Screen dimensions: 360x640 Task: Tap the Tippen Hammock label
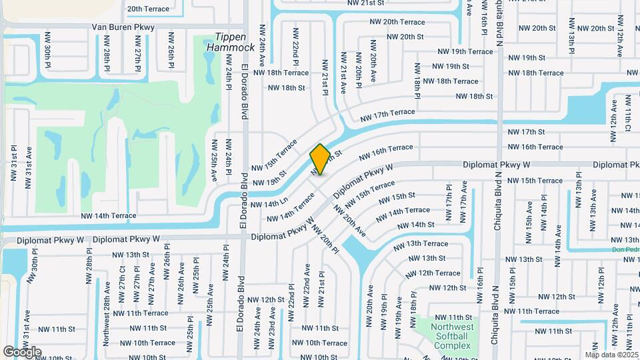pos(231,42)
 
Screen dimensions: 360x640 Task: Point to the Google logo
pos(22,351)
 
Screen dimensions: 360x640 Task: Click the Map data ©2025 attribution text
pos(611,355)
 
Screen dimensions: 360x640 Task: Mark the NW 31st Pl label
pos(13,165)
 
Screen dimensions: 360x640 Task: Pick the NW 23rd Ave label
pos(272,327)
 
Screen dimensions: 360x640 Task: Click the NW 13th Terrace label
pos(421,244)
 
